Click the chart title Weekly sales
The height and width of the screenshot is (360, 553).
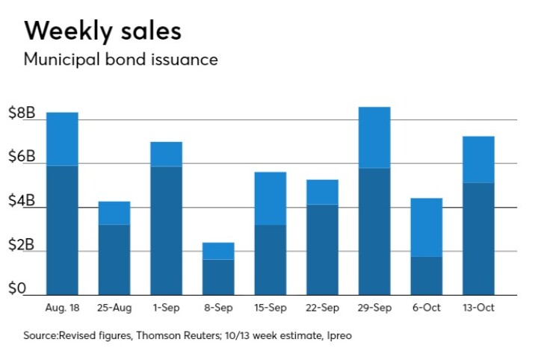click(x=102, y=31)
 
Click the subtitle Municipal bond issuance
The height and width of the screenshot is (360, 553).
click(x=120, y=59)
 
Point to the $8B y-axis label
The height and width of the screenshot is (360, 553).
click(x=22, y=114)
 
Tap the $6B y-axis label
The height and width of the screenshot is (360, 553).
click(x=22, y=157)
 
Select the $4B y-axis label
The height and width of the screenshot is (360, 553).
click(x=22, y=201)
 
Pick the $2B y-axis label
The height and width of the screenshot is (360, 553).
click(x=22, y=245)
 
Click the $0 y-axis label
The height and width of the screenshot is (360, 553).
click(x=17, y=288)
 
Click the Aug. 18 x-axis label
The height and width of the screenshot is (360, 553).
click(x=62, y=307)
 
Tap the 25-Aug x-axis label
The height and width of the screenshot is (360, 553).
click(x=114, y=307)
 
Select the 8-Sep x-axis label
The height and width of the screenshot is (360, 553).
click(x=218, y=307)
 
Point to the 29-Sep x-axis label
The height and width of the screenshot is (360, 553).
click(x=374, y=307)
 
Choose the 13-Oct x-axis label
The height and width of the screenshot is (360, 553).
click(x=478, y=307)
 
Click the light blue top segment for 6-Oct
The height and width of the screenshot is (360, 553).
click(x=427, y=227)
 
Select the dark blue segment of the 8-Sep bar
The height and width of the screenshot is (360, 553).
click(x=218, y=276)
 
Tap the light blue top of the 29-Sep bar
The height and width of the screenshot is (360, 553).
click(x=374, y=137)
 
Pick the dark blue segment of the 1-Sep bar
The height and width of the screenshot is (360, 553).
click(x=166, y=230)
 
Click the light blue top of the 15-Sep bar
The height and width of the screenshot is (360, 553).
click(x=271, y=198)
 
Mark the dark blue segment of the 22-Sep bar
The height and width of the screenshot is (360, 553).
click(x=322, y=249)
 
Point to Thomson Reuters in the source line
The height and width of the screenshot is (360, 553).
click(x=188, y=336)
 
